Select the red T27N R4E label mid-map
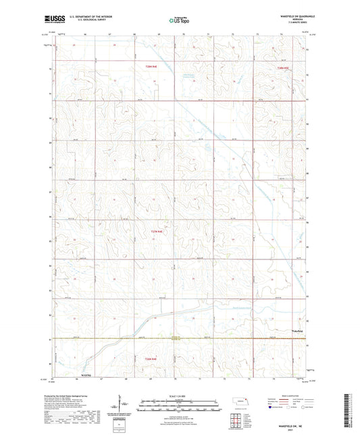[157, 232]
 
